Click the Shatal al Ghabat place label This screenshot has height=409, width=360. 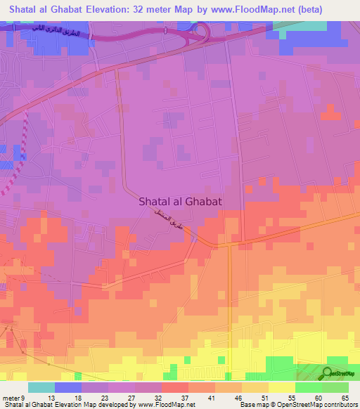[181, 201]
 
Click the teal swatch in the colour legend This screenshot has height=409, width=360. [41, 387]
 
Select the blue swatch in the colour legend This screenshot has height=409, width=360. [68, 387]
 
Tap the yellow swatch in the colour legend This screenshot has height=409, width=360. [282, 387]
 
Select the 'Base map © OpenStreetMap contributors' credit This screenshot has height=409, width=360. [298, 405]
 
